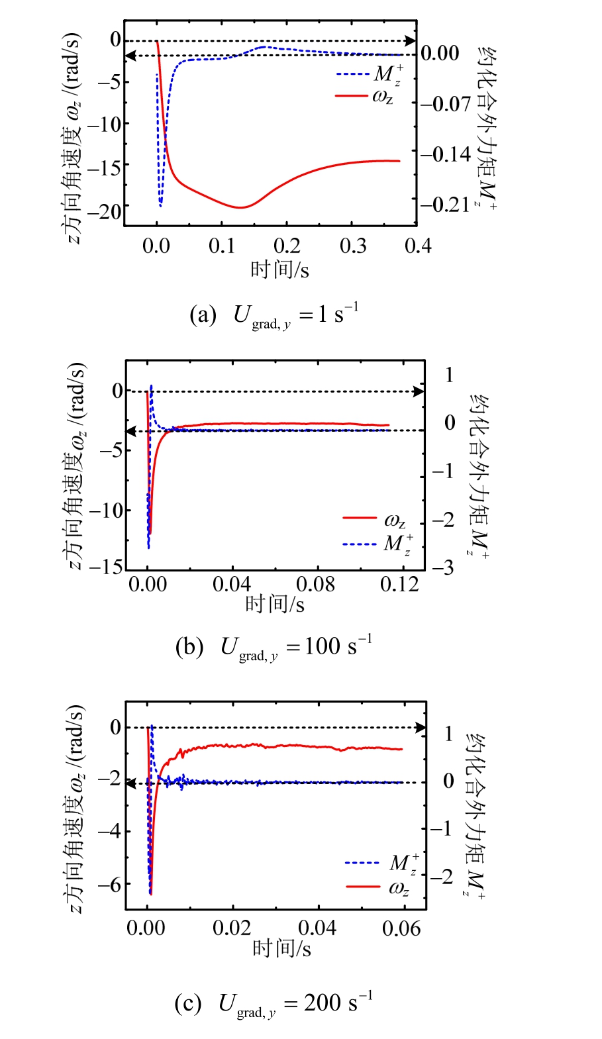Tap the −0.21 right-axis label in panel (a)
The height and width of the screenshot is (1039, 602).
click(446, 204)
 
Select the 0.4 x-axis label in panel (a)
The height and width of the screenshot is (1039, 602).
click(418, 246)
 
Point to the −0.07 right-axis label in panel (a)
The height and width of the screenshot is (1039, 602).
click(446, 104)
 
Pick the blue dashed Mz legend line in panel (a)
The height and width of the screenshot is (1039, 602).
click(353, 74)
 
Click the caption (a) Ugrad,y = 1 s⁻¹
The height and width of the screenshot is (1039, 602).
click(274, 315)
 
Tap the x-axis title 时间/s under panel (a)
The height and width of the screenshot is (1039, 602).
click(279, 270)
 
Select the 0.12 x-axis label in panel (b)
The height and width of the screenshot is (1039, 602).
click(399, 584)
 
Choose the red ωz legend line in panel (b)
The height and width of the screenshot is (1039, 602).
click(360, 518)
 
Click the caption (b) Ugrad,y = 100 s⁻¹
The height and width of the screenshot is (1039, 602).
click(274, 646)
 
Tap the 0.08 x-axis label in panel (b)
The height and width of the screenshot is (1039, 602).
click(316, 584)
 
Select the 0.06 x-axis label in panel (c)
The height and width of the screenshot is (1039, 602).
click(401, 928)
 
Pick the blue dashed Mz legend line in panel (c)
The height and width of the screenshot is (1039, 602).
click(362, 863)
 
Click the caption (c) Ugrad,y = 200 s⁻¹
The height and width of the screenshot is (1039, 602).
click(274, 1004)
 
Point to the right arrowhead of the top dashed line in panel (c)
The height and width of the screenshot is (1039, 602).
click(421, 728)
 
